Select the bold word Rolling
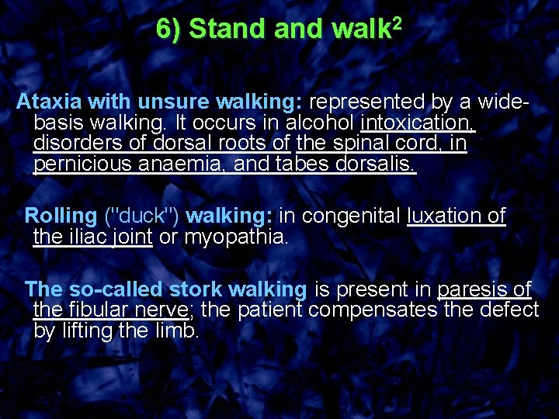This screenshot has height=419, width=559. click(61, 216)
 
